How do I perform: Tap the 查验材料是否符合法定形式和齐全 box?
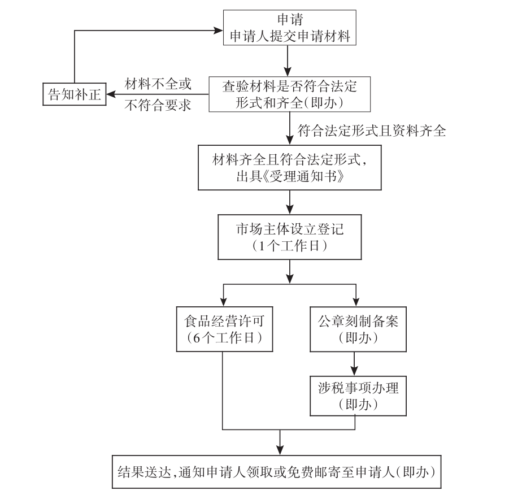coord(289,94)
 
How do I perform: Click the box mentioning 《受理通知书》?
coord(290,167)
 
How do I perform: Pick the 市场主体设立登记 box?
coord(289,237)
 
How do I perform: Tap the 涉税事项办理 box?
coord(354,396)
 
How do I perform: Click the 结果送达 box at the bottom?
coord(280,471)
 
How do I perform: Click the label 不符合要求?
coord(158,105)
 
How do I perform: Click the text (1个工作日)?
coord(289,246)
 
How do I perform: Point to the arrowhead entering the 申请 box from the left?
coord(219,28)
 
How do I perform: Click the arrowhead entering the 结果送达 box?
coord(280,449)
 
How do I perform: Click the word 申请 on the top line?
coord(289,18)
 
